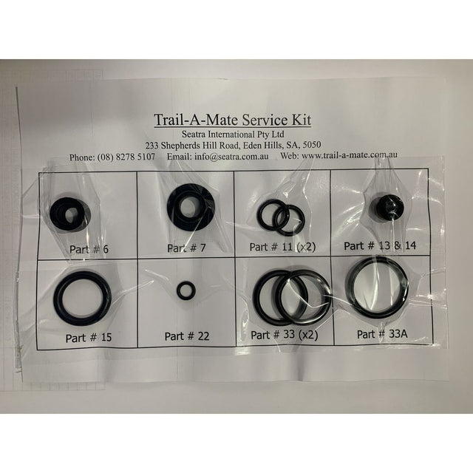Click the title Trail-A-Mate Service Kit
[233, 120]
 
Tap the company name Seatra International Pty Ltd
[233, 134]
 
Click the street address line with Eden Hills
[234, 146]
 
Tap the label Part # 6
[89, 249]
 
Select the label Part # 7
[186, 248]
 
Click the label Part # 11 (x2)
[282, 247]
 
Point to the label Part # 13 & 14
[380, 245]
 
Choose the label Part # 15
[89, 337]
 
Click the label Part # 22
[187, 336]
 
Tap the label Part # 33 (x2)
[285, 335]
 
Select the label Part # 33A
[382, 334]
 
